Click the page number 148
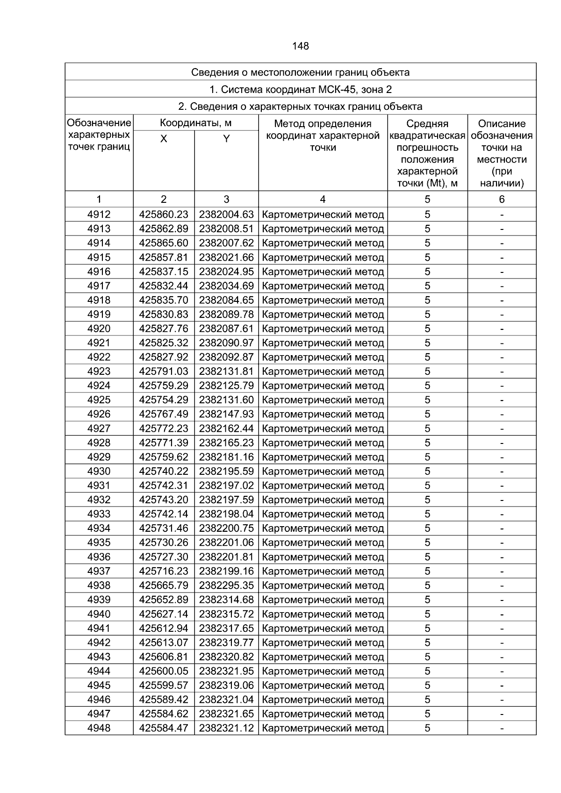[x=300, y=46]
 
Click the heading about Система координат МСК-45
[x=300, y=89]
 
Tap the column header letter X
[x=164, y=139]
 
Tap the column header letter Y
[x=226, y=139]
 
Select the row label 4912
[x=99, y=214]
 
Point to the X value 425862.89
[x=164, y=229]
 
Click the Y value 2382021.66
[x=226, y=257]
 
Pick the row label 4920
[x=99, y=329]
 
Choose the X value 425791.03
[x=164, y=371]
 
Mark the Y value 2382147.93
[x=226, y=414]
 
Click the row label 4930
[x=99, y=471]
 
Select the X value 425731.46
[x=164, y=528]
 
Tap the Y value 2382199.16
[x=226, y=571]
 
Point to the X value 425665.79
[x=164, y=586]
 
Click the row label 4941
[x=99, y=628]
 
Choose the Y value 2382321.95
[x=226, y=671]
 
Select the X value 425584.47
[x=164, y=728]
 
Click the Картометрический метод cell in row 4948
[x=323, y=728]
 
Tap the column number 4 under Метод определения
[x=323, y=200]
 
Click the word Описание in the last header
[x=502, y=124]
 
